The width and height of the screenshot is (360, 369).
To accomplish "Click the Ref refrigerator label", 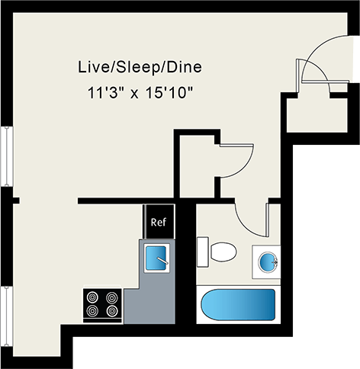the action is pyautogui.click(x=159, y=222).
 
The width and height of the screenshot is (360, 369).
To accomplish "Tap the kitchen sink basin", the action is pyautogui.click(x=156, y=258).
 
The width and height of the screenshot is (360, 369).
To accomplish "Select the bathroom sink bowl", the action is pyautogui.click(x=268, y=262).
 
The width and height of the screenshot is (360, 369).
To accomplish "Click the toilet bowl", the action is pyautogui.click(x=223, y=252).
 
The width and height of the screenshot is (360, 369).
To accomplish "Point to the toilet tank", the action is pyautogui.click(x=203, y=252).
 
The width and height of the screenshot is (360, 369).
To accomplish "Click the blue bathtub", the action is pyautogui.click(x=238, y=305).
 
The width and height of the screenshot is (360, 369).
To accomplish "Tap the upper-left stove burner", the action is pyautogui.click(x=92, y=297).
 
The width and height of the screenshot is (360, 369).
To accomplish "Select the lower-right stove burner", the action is pyautogui.click(x=112, y=310).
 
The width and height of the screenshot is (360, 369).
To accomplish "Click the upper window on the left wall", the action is pyautogui.click(x=7, y=156).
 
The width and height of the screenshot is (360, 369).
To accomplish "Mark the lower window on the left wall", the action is pyautogui.click(x=7, y=316).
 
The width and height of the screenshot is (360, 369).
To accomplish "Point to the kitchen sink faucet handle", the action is pyautogui.click(x=162, y=260).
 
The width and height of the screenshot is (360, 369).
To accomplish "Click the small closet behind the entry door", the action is pyautogui.click(x=317, y=115).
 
